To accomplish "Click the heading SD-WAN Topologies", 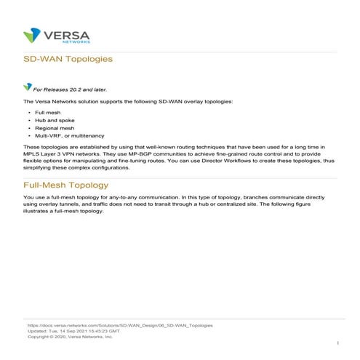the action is coord(68,59).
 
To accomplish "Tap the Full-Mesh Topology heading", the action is coord(65,185).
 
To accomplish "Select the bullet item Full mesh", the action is coord(48,113).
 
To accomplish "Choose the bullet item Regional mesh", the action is coord(54,128).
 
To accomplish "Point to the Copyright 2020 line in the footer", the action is coord(70,337).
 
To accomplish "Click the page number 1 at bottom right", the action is coord(338,342).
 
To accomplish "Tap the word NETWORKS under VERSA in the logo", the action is coord(70,41).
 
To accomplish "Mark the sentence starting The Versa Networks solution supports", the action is coord(128,101).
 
